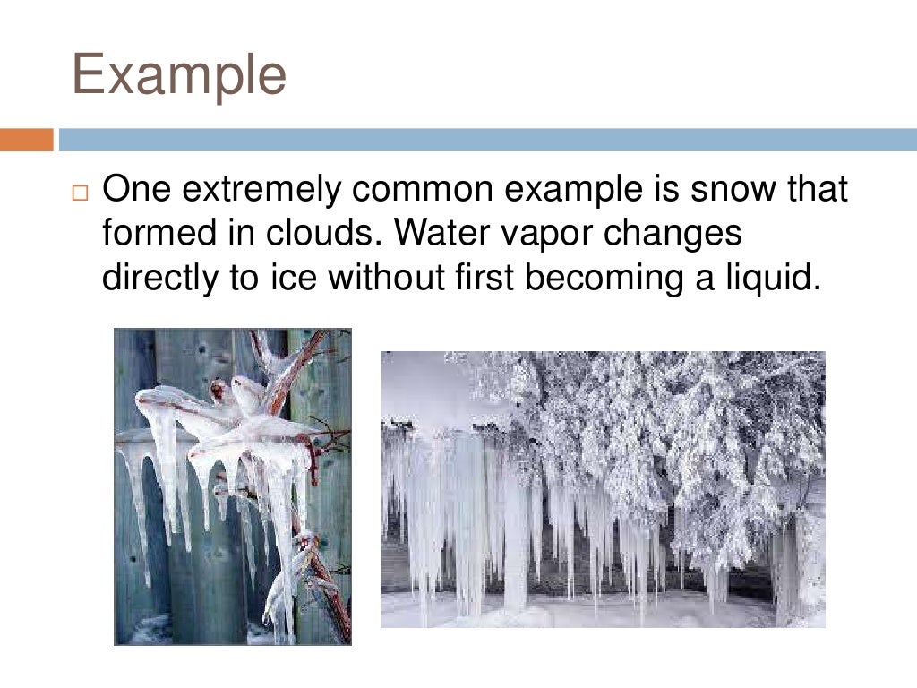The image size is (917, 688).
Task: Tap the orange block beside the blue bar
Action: point(27,140)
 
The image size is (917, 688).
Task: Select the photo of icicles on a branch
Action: point(233,486)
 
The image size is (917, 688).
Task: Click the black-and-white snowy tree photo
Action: point(603,489)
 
